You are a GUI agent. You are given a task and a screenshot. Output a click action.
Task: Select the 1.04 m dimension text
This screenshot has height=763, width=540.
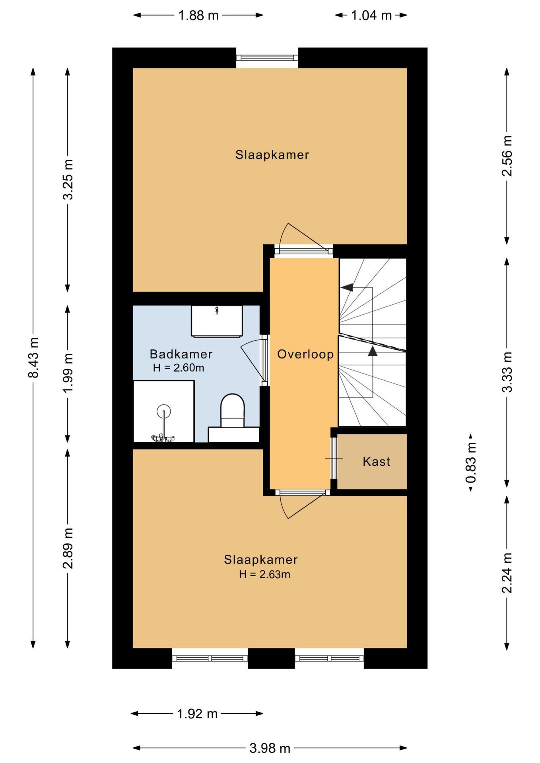click(x=371, y=15)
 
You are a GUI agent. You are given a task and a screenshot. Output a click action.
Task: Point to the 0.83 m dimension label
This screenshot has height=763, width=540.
click(x=472, y=463)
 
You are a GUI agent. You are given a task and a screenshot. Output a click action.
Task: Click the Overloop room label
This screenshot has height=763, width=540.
click(x=305, y=354)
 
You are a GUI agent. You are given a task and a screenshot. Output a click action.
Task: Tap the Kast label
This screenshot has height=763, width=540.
click(x=376, y=461)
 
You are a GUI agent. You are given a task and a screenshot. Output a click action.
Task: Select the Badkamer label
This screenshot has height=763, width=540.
click(x=181, y=354)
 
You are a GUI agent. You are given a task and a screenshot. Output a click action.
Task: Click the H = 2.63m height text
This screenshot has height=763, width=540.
click(x=264, y=574)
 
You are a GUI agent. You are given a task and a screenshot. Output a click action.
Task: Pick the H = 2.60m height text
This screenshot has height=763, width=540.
click(x=179, y=368)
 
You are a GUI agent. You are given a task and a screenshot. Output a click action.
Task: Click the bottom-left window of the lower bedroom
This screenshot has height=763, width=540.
click(x=210, y=658)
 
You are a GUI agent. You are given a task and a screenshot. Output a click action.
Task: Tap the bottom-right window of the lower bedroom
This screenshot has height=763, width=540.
click(x=329, y=658)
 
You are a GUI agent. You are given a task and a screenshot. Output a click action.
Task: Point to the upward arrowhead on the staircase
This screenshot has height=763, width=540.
click(x=372, y=351)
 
